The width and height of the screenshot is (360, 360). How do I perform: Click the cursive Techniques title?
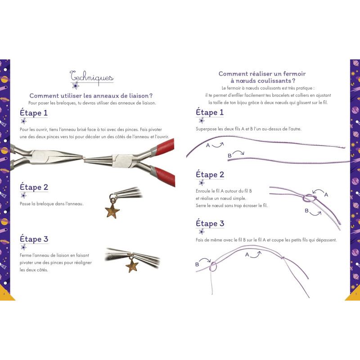(92, 77)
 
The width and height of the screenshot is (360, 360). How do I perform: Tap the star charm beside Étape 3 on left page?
(132, 265)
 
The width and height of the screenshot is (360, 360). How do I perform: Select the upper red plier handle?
(165, 147)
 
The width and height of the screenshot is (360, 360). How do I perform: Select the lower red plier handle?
(165, 176)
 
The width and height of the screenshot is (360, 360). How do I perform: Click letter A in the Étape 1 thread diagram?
(208, 145)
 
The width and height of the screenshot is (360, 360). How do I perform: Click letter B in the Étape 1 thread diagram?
(229, 156)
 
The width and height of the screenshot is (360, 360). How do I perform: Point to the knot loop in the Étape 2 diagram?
(309, 198)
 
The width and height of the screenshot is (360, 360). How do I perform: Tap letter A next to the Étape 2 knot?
(326, 195)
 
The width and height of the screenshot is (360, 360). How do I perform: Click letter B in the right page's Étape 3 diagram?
(197, 265)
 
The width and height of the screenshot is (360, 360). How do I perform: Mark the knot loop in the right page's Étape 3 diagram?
(213, 267)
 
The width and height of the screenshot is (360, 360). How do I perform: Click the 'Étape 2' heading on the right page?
(210, 175)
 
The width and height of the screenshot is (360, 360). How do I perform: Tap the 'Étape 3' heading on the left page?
(34, 239)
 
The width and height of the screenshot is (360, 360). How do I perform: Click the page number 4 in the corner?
(4, 294)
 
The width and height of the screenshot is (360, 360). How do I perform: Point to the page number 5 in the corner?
(356, 294)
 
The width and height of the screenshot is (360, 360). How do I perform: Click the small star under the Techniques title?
(76, 86)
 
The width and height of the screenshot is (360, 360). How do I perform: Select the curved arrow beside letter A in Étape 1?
(218, 145)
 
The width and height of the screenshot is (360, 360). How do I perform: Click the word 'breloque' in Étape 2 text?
(45, 204)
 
